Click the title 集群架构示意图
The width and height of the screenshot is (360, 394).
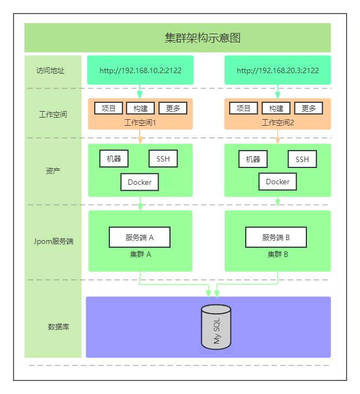coord(202,38)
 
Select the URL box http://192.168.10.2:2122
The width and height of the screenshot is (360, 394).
coord(140,70)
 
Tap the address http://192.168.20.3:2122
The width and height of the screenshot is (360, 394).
coord(278,70)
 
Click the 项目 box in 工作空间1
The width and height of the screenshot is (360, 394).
coord(109,108)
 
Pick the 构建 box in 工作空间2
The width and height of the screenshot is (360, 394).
coord(276,108)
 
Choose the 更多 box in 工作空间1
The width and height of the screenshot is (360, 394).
coord(173,108)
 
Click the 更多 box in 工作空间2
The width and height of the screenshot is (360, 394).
coord(309,108)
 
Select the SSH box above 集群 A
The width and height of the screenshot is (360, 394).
coord(163,159)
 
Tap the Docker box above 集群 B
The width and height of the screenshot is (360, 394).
coord(278,182)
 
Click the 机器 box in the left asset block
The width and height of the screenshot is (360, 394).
coord(114,159)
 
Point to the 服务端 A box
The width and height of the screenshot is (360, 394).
coord(140,237)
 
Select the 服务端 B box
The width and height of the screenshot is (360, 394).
coord(276,237)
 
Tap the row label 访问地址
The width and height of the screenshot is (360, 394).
coord(50,70)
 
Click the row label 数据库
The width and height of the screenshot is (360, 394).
coord(58,327)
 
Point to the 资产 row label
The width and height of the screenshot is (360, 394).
coord(53,171)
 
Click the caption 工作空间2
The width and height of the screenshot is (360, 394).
coord(278,123)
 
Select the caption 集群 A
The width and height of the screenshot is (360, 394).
coord(140,254)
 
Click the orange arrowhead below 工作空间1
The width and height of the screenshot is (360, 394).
coord(140,140)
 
